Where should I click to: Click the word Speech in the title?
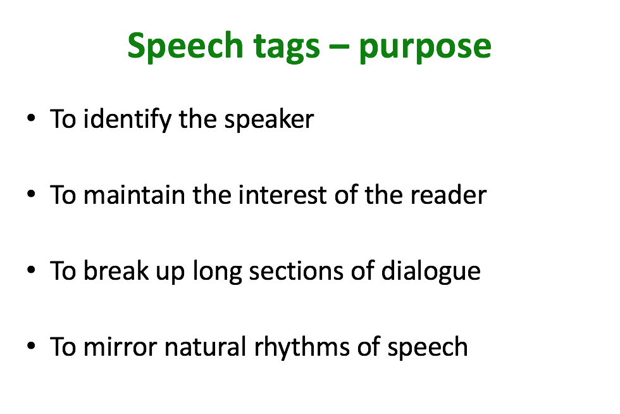[185, 47]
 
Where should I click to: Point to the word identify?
[127, 119]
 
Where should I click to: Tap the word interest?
[282, 195]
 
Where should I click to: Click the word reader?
[449, 195]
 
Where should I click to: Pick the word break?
[116, 271]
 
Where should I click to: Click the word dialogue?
[431, 272]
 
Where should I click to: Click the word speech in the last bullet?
[428, 348]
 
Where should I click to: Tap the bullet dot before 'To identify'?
[31, 118]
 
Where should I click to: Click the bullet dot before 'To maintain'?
[31, 194]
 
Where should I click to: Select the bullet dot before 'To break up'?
[31, 270]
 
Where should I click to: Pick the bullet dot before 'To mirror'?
[31, 346]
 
